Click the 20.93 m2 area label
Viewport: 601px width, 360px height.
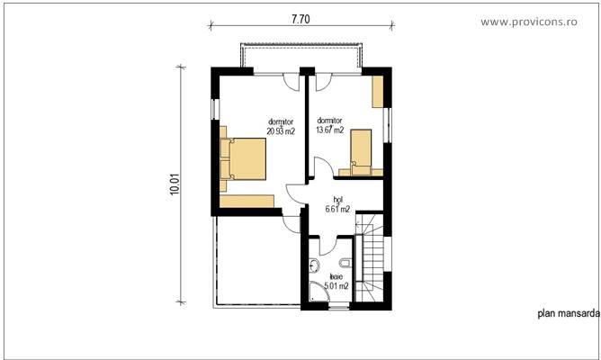(280, 130)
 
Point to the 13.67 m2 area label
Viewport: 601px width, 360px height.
(329, 130)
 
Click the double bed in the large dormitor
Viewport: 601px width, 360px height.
(246, 158)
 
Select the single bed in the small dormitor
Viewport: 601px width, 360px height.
(361, 149)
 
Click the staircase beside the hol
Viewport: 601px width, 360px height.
(371, 256)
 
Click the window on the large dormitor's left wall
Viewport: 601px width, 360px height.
(213, 109)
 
